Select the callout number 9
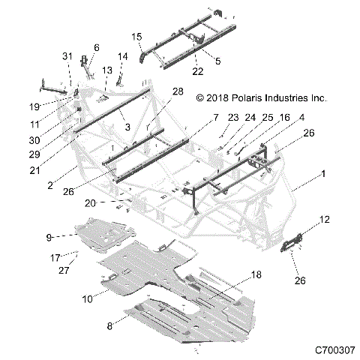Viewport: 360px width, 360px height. pyautogui.click(x=49, y=237)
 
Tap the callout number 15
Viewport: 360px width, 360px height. pyautogui.click(x=137, y=37)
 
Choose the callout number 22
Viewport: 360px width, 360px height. pyautogui.click(x=196, y=72)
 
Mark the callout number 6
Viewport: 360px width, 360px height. pyautogui.click(x=95, y=47)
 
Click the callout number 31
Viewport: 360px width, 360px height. pyautogui.click(x=66, y=58)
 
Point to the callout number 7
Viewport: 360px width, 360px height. pyautogui.click(x=215, y=118)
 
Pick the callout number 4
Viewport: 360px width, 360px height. pyautogui.click(x=301, y=117)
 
